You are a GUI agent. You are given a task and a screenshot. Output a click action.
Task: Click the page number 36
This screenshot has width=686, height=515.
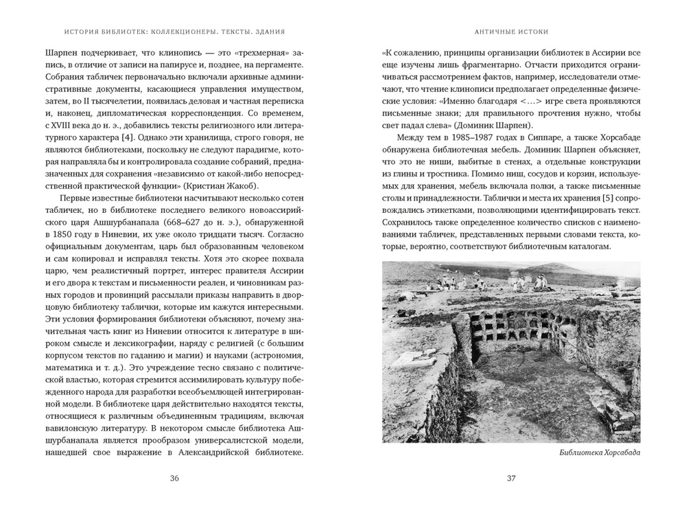(x=174, y=479)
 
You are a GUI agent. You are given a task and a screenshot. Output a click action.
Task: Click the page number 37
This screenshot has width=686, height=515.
(x=510, y=479)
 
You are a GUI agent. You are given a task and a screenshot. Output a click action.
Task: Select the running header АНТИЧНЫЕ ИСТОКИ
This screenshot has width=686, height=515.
(x=510, y=32)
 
